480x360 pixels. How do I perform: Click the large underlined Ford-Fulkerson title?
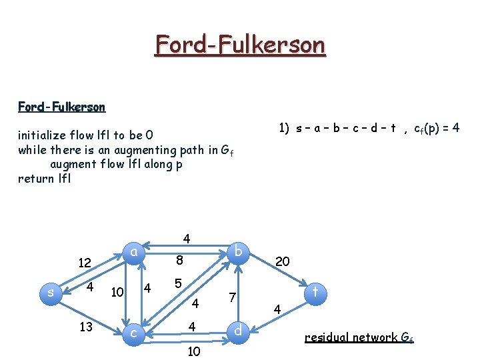point(240,45)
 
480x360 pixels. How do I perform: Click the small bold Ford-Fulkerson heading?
point(61,107)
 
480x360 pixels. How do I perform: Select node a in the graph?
point(134,252)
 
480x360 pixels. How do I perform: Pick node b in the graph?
point(239,251)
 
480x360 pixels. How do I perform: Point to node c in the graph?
point(135,331)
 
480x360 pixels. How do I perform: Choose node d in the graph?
point(239,330)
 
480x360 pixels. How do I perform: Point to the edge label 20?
point(282,261)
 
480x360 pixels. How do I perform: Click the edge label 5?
point(178,283)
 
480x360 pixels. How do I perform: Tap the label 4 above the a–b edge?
point(187,238)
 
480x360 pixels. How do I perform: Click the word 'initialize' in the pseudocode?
point(39,137)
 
